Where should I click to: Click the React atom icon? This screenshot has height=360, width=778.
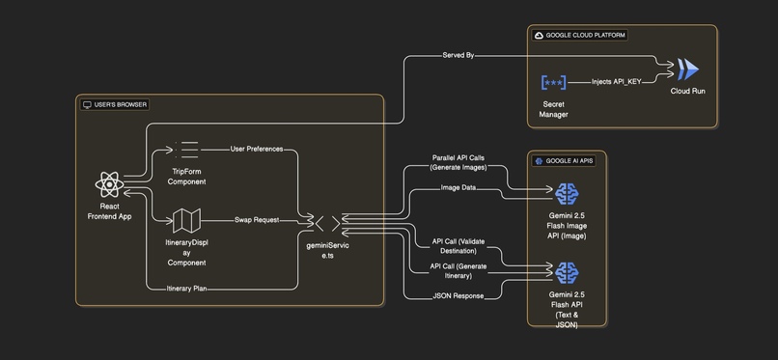click(x=109, y=183)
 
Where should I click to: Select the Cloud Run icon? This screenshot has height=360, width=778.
click(x=688, y=69)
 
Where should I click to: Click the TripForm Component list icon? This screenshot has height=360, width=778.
click(x=186, y=150)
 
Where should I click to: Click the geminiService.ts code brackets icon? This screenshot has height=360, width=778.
click(x=328, y=223)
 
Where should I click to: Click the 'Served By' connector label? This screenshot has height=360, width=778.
click(x=458, y=56)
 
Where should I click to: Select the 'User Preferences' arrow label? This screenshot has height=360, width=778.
click(x=257, y=150)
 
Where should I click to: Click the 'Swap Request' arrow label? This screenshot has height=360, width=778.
click(x=257, y=220)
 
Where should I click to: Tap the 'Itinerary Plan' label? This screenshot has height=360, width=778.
click(x=186, y=288)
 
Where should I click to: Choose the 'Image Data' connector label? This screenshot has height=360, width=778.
click(x=458, y=188)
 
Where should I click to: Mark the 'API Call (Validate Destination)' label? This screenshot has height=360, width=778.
click(x=458, y=246)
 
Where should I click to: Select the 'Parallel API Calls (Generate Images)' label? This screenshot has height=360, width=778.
click(x=458, y=162)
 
